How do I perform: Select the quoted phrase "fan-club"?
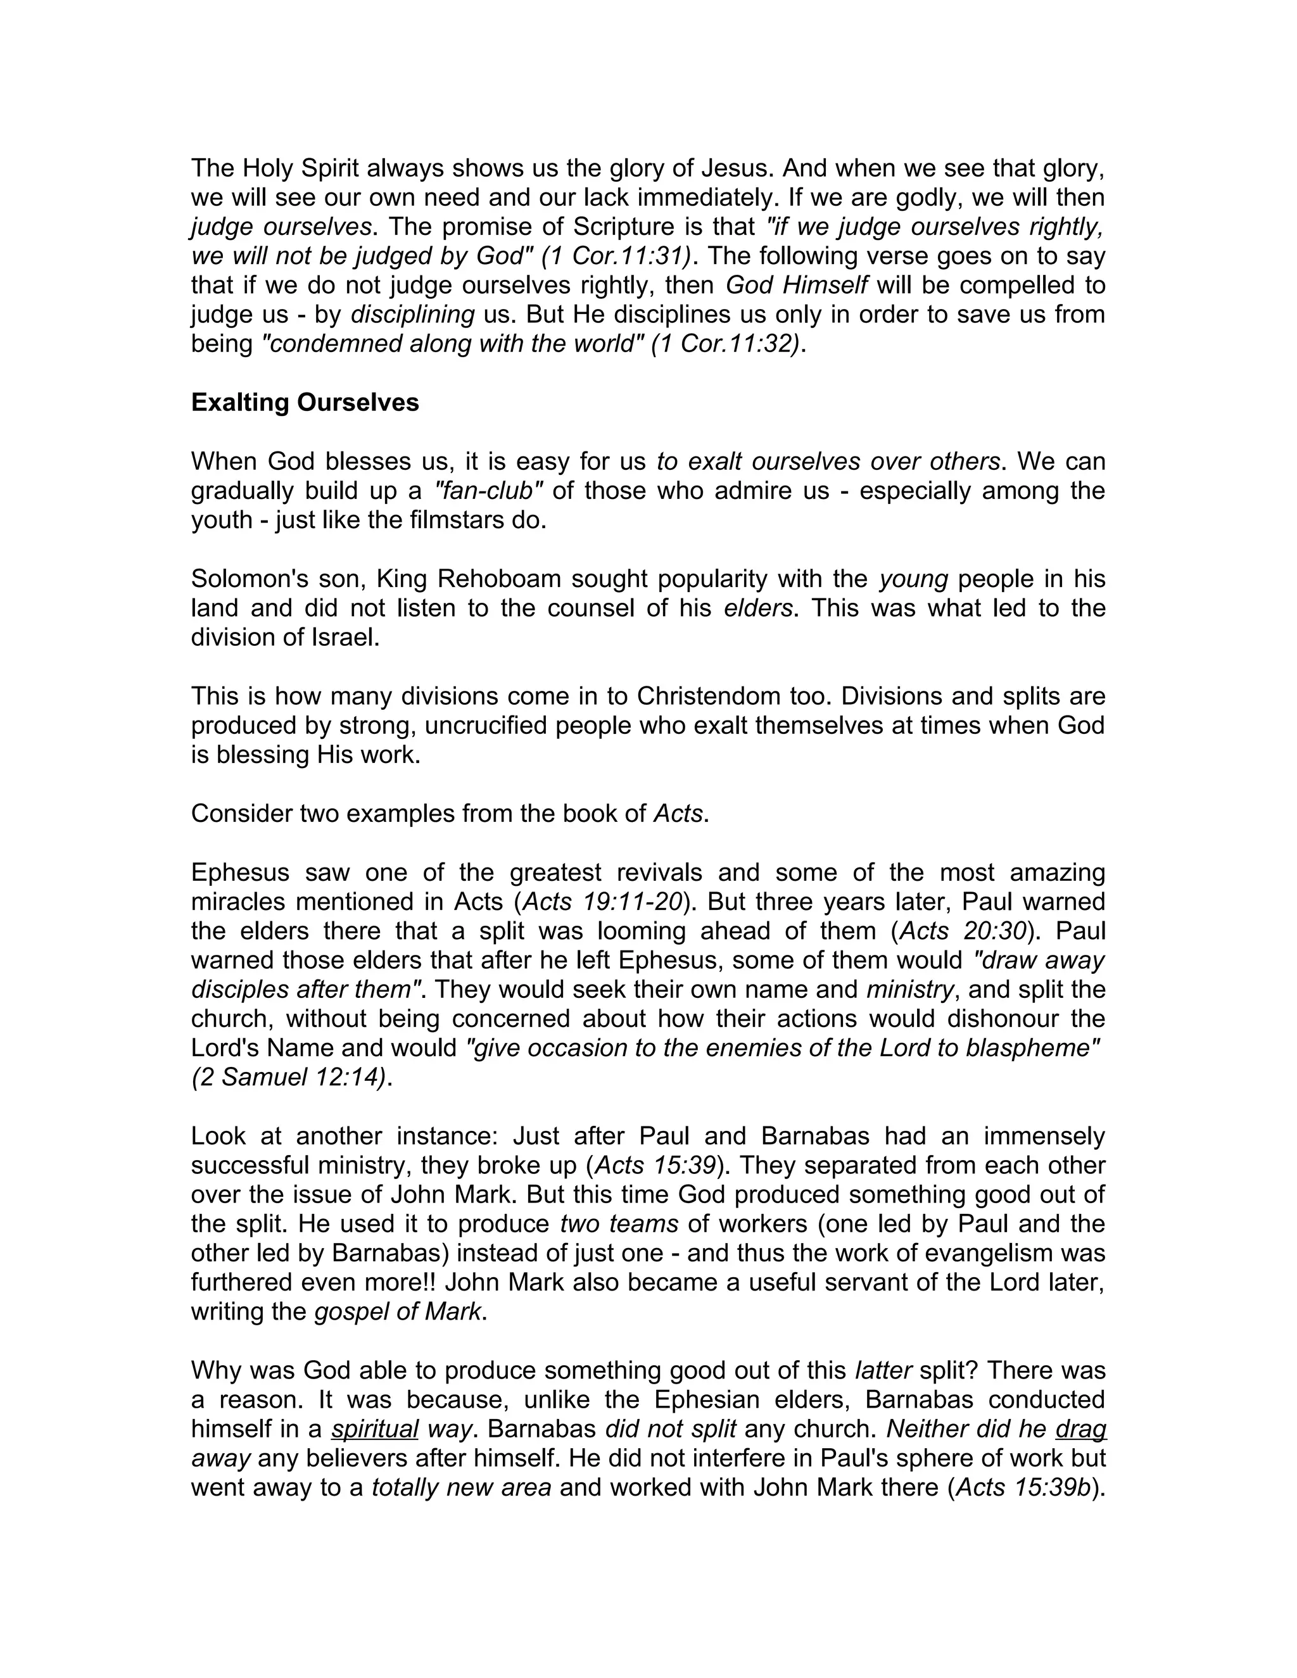[489, 490]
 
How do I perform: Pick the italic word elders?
[757, 608]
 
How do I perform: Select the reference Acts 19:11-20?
[602, 901]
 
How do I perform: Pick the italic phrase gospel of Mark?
[398, 1311]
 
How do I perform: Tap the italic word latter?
[883, 1371]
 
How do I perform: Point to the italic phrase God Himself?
[796, 285]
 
